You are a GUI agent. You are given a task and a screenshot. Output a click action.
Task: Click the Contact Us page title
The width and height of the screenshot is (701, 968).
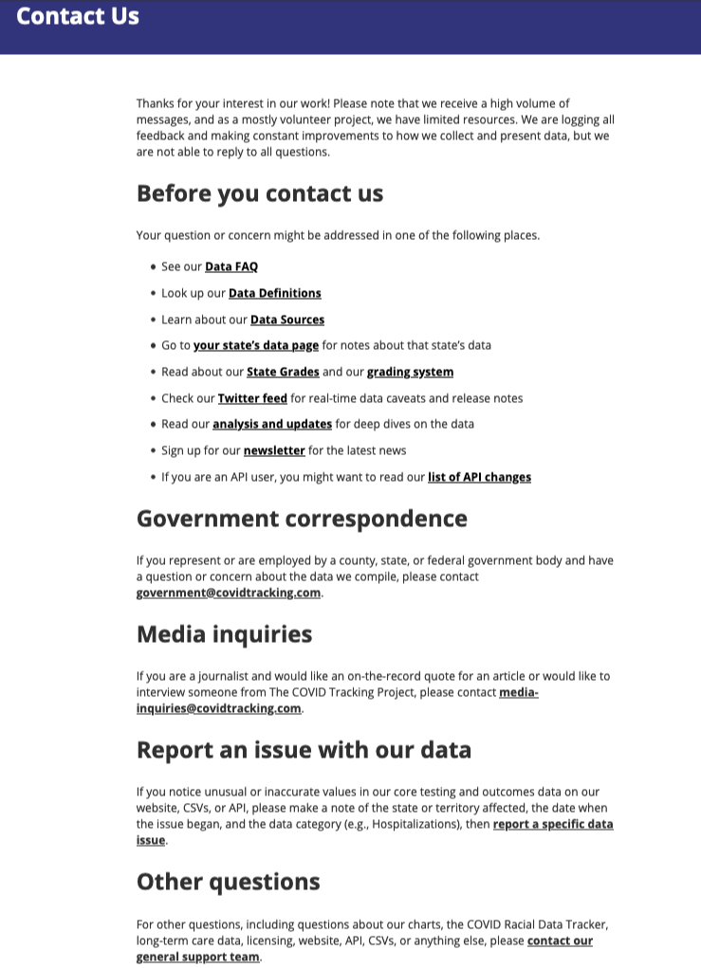tap(78, 16)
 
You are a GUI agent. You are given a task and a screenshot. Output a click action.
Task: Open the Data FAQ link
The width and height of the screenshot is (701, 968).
tap(231, 267)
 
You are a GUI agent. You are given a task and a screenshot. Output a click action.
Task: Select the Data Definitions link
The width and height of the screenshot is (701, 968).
tap(275, 294)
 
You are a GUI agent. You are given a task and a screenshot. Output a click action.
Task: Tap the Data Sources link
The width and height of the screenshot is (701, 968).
tap(287, 320)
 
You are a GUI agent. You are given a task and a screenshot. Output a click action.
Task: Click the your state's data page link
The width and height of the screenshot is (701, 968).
tap(256, 346)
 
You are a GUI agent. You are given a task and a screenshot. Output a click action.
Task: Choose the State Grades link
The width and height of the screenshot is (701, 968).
tap(283, 373)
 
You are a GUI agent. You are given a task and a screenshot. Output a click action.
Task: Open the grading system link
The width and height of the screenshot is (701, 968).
tap(410, 373)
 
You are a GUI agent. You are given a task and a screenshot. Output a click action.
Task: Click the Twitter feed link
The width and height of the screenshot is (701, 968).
tap(252, 399)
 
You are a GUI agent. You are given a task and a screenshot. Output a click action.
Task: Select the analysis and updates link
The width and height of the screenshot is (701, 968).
tap(272, 425)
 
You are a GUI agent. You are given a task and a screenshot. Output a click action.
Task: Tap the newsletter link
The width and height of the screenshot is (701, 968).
tap(274, 451)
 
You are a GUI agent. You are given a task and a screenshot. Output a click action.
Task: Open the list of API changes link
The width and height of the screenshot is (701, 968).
tap(479, 478)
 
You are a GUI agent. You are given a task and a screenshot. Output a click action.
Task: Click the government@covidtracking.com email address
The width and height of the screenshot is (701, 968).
tap(229, 594)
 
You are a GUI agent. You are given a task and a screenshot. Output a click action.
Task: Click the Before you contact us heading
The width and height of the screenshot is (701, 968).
tap(260, 193)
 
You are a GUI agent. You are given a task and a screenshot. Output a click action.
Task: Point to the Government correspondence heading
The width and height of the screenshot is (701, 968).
tap(302, 519)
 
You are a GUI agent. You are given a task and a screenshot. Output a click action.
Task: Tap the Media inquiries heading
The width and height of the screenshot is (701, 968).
tap(224, 634)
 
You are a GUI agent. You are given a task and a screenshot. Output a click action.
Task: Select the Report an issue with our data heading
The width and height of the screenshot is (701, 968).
tap(304, 750)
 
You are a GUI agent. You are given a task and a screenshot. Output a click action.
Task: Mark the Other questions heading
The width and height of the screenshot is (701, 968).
tap(228, 882)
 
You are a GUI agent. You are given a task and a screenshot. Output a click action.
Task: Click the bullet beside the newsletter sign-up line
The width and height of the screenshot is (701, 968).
tap(154, 451)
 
